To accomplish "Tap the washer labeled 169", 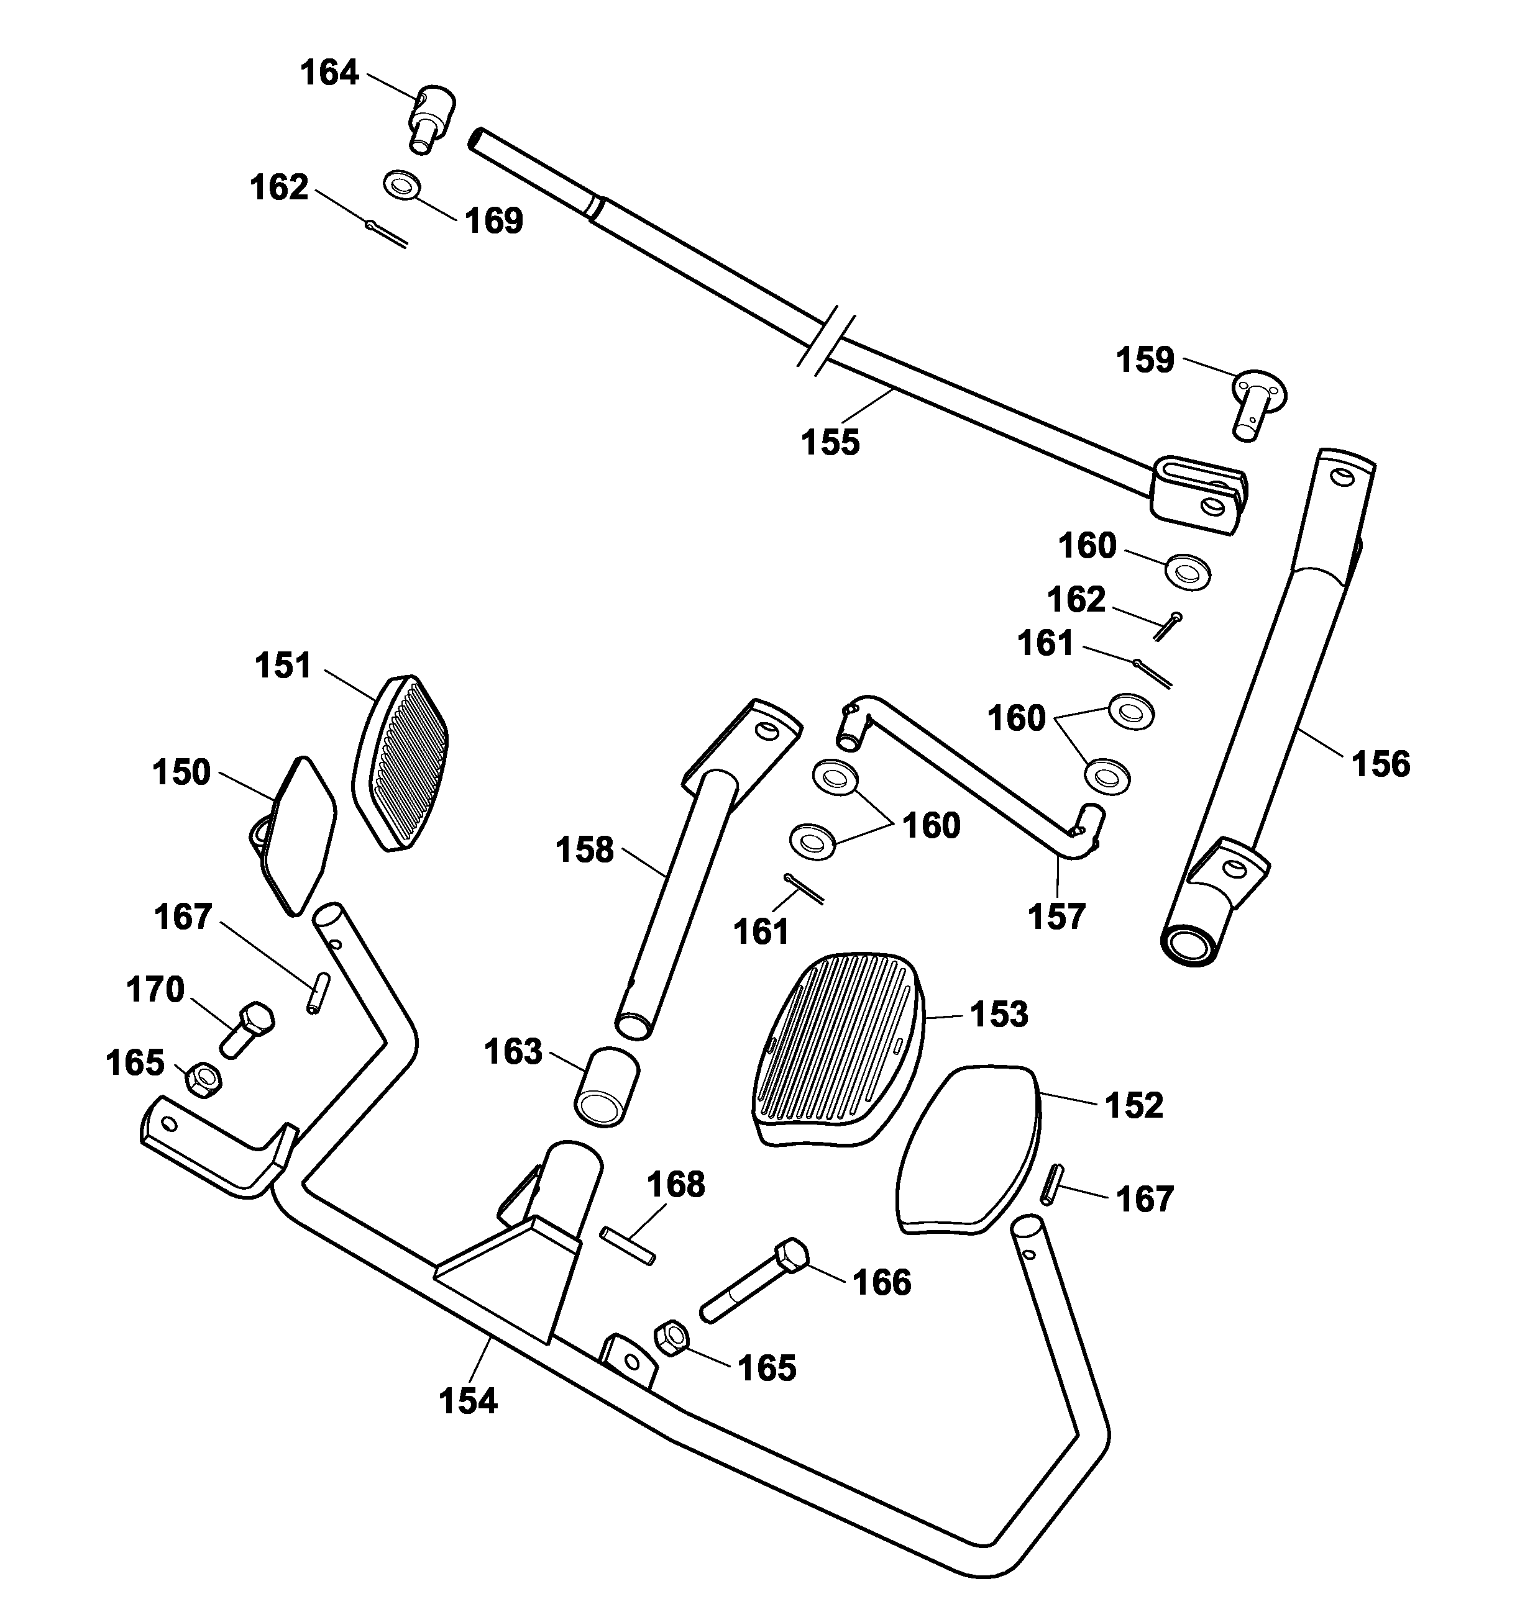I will (x=401, y=184).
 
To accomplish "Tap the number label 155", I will (x=830, y=443).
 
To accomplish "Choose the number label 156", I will (x=1380, y=764).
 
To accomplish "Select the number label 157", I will (x=1057, y=917).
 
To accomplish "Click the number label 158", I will (x=585, y=851).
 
